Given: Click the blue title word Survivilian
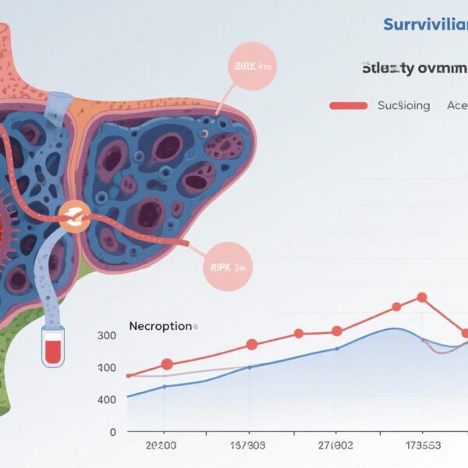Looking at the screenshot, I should click(x=425, y=24).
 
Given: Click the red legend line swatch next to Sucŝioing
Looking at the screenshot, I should click(x=349, y=105).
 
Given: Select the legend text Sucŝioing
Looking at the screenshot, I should click(x=403, y=105).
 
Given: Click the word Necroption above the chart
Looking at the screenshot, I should click(x=160, y=325).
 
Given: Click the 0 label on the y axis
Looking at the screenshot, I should click(x=112, y=431).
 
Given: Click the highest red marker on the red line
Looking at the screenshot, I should click(x=422, y=297).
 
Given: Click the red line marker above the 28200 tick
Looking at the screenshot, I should click(x=166, y=363).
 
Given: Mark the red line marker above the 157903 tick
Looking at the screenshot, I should click(x=251, y=344).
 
